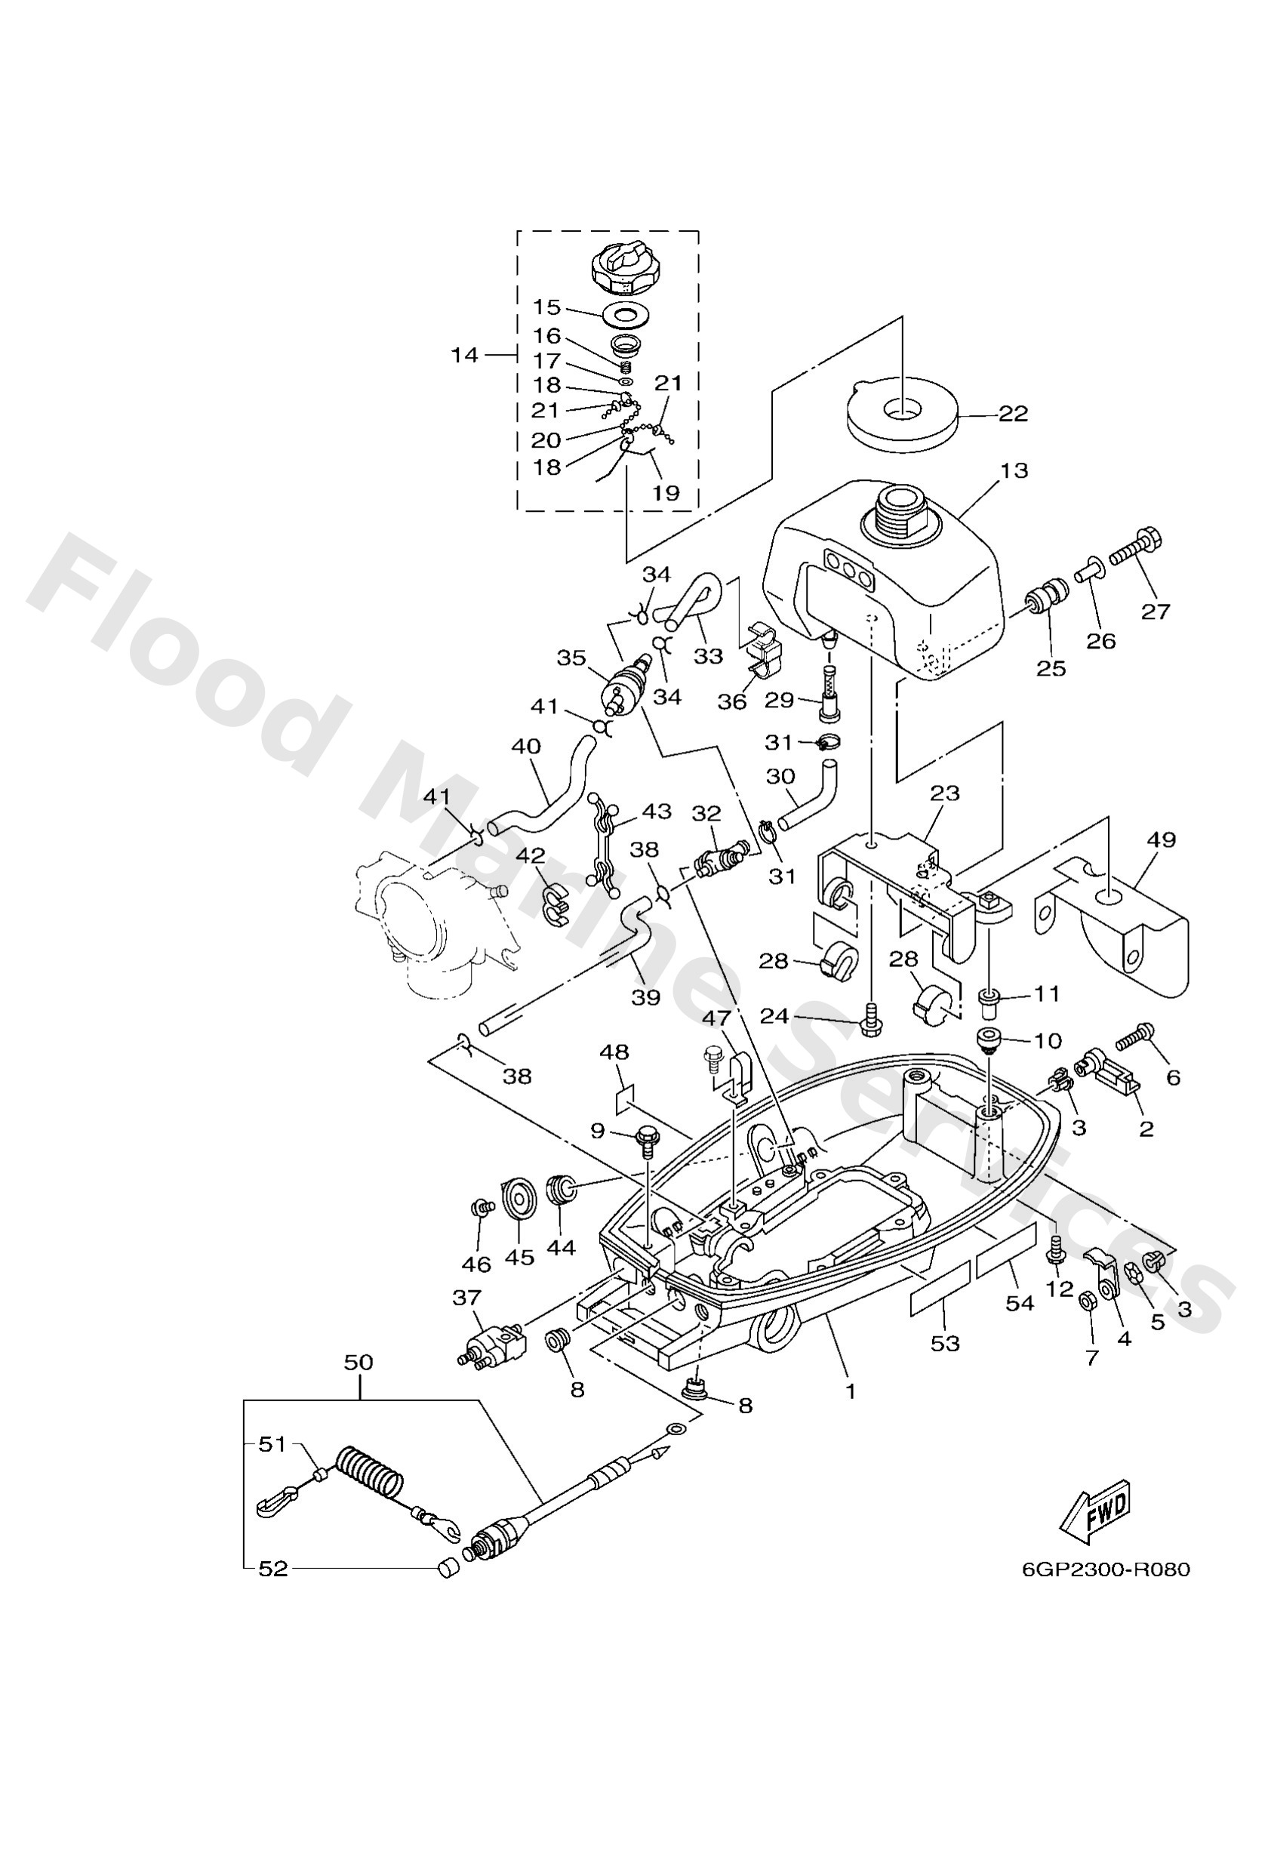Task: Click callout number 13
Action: (x=1013, y=470)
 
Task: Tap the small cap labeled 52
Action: (x=448, y=1566)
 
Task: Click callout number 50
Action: (x=359, y=1361)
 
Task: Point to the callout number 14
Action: (x=464, y=355)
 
